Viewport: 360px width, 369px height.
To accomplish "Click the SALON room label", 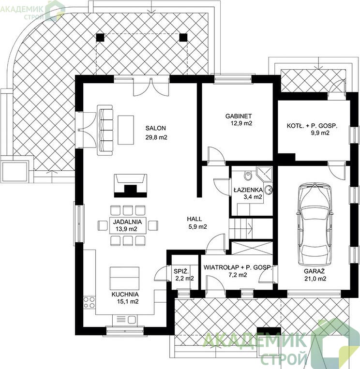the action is [156, 128].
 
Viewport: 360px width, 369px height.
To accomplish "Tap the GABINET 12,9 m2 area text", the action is [239, 119].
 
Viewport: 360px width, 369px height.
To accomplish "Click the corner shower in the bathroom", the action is [264, 175].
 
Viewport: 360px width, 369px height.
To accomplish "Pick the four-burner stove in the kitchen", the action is [90, 302].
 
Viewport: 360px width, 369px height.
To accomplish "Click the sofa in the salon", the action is [105, 130].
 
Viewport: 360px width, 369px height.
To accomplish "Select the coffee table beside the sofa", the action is [126, 130].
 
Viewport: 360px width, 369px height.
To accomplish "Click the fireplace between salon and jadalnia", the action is [131, 186].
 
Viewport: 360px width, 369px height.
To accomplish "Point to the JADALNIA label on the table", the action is [127, 221].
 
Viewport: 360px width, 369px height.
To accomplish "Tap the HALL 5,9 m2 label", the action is [197, 222].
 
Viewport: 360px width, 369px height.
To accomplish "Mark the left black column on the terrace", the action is [100, 37].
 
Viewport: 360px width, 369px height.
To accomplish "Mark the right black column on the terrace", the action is [183, 37].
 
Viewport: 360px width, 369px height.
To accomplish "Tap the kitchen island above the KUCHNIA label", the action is [124, 278].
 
